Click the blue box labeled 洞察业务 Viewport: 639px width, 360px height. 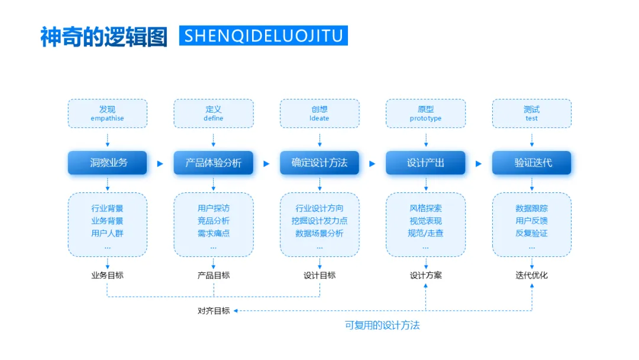(x=107, y=163)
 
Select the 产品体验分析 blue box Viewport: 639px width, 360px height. (x=214, y=163)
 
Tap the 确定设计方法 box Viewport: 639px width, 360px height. (x=319, y=163)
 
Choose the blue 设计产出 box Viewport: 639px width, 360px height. (x=425, y=163)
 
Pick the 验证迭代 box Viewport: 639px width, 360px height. (x=532, y=163)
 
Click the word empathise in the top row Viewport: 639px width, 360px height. (x=107, y=118)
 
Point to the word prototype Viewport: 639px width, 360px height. (x=425, y=118)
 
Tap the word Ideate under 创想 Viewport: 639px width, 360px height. (x=319, y=118)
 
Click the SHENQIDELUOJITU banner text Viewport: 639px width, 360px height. (x=263, y=36)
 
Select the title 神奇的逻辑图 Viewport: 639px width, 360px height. (x=104, y=36)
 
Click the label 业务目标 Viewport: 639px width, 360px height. (x=107, y=275)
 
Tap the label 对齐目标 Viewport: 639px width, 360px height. (x=214, y=310)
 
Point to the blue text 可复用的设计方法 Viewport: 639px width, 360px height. (x=382, y=325)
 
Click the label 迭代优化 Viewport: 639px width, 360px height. (x=532, y=275)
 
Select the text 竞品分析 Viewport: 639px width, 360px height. (x=214, y=221)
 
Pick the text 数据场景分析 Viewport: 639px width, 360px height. (x=319, y=233)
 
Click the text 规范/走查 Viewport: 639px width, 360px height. (x=425, y=233)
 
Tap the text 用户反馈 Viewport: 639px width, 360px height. (x=532, y=221)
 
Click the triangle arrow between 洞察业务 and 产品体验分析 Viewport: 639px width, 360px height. (x=160, y=163)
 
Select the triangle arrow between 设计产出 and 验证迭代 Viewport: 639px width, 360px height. (x=479, y=163)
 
